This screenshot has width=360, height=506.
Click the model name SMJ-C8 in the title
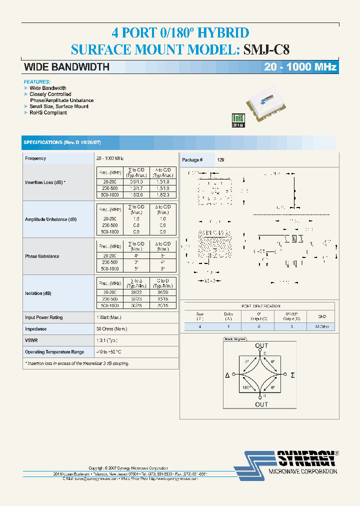click(x=266, y=49)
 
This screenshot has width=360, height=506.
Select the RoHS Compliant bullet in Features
click(x=48, y=113)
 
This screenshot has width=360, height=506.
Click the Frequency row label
click(x=35, y=158)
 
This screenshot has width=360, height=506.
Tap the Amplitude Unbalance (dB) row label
click(x=51, y=219)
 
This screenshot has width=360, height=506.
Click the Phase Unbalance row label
click(x=42, y=256)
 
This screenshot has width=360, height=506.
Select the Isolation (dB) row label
click(x=38, y=293)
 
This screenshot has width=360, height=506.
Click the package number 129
click(x=221, y=160)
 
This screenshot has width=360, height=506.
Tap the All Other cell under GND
click(x=322, y=326)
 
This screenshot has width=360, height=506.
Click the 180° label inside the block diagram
click(x=245, y=386)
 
